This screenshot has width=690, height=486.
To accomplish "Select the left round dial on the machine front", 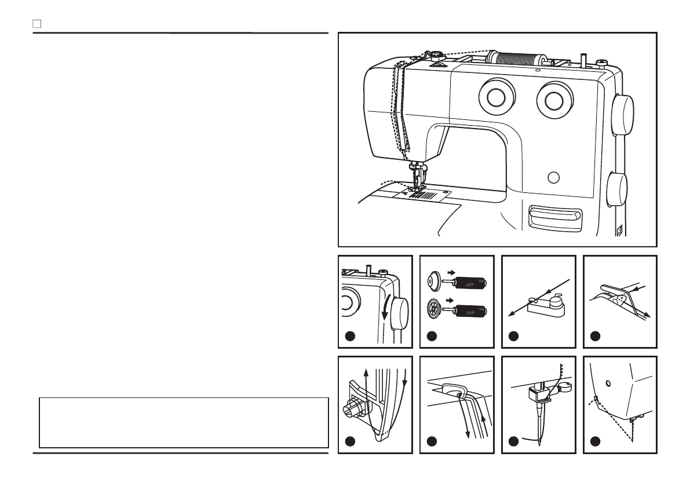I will pyautogui.click(x=497, y=97).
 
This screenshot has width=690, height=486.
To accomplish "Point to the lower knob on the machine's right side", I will pyautogui.click(x=618, y=189).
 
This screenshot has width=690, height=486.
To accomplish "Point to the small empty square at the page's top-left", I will pyautogui.click(x=36, y=24).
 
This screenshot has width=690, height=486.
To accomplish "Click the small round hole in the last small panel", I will pyautogui.click(x=608, y=383).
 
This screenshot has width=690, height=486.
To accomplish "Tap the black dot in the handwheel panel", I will pyautogui.click(x=349, y=336).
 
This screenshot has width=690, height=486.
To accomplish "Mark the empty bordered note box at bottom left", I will pyautogui.click(x=184, y=422).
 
